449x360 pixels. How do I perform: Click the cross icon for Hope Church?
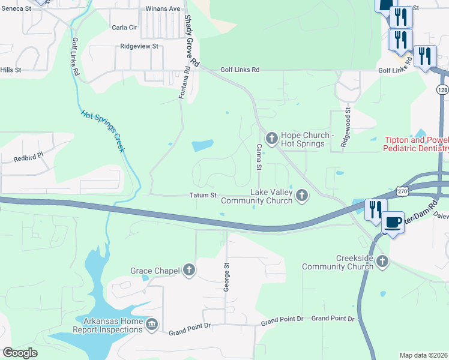pyautogui.click(x=271, y=139)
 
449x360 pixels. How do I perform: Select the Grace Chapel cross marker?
pyautogui.click(x=189, y=271)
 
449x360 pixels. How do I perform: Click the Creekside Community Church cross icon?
pyautogui.click(x=382, y=261)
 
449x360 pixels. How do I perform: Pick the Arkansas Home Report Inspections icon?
pyautogui.click(x=151, y=325)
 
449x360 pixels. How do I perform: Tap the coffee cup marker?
pyautogui.click(x=393, y=223)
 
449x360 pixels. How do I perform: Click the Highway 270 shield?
pyautogui.click(x=405, y=191)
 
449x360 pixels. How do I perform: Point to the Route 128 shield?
pyautogui.click(x=442, y=89)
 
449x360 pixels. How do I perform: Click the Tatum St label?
pyautogui.click(x=203, y=195)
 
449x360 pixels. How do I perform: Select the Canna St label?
pyautogui.click(x=259, y=155)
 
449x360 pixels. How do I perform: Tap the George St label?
pyautogui.click(x=227, y=277)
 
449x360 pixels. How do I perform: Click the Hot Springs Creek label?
pyautogui.click(x=102, y=131)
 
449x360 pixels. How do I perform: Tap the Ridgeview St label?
pyautogui.click(x=139, y=46)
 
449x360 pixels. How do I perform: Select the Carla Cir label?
pyautogui.click(x=125, y=28)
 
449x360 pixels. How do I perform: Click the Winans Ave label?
pyautogui.click(x=163, y=9)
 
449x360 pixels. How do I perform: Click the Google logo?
pyautogui.click(x=20, y=353)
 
